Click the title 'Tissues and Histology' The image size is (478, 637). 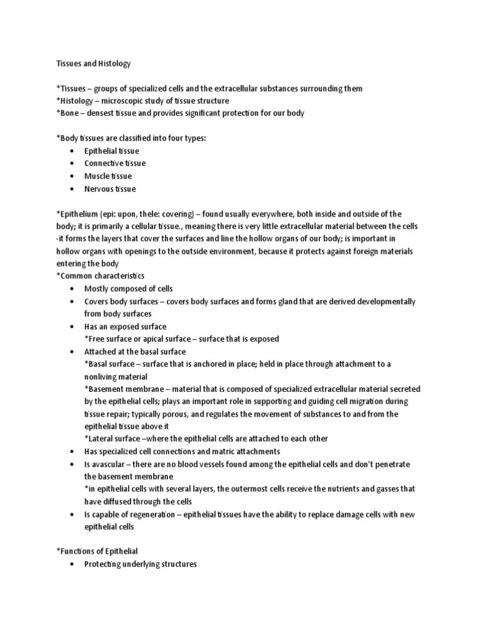pos(93,63)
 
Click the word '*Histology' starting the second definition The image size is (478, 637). pos(74,101)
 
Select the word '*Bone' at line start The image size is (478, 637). pos(67,113)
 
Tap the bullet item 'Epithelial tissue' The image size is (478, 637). pos(112,151)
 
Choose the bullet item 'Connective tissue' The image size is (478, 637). pos(115,164)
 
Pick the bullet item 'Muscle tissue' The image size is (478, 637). pos(108,176)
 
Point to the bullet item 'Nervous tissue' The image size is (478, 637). pos(110,188)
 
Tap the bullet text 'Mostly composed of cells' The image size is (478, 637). pos(129,289)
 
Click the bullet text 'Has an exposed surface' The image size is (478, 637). pos(126,327)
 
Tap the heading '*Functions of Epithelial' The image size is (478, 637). pos(97,552)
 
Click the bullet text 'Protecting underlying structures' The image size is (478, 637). pos(141,564)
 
